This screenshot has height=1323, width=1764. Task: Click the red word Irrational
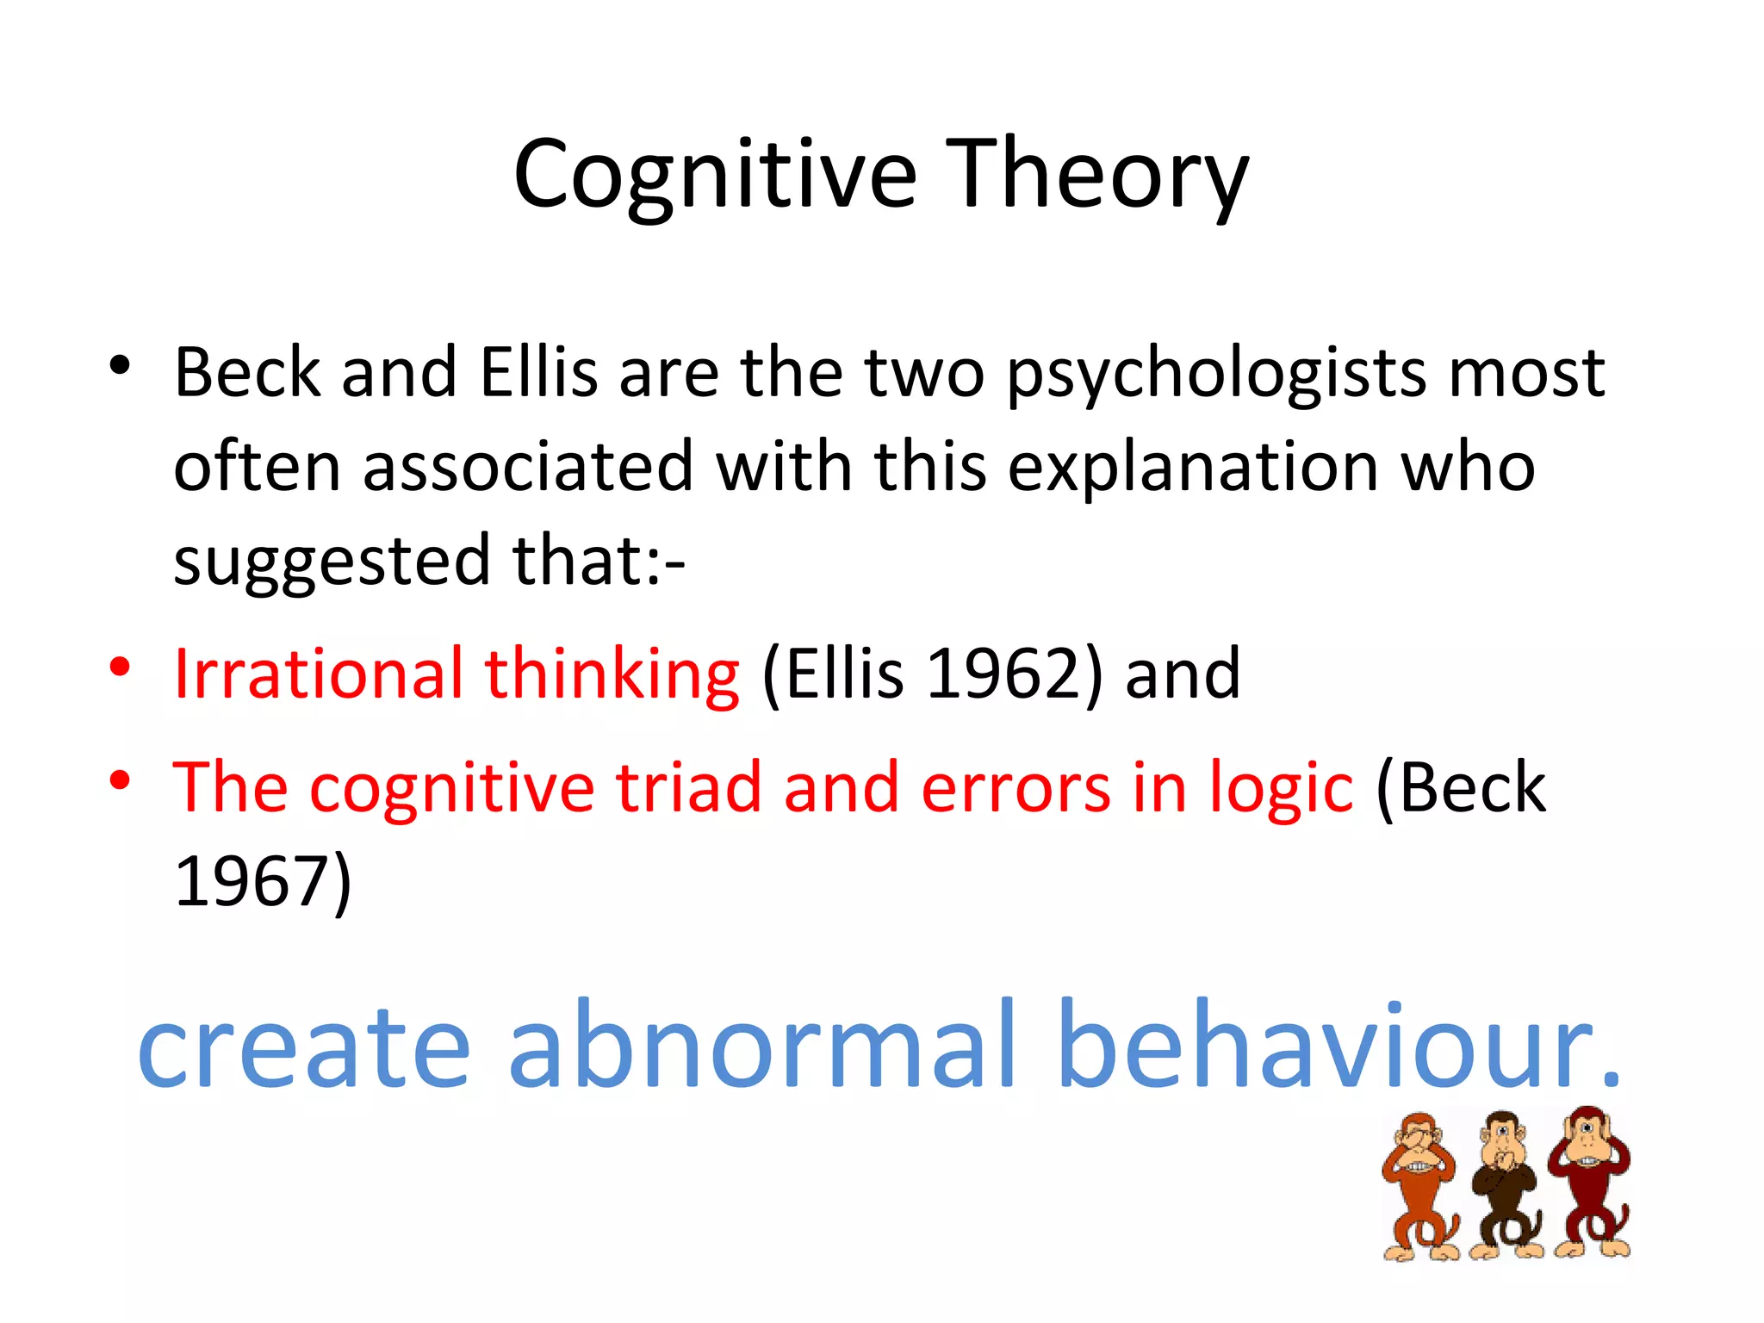[318, 673]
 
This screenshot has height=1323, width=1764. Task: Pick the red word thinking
[612, 674]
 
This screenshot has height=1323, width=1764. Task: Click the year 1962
[1003, 673]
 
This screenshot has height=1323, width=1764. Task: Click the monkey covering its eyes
[1419, 1185]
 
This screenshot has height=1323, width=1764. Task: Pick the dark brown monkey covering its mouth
[1506, 1183]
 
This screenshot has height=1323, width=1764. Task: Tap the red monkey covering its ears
[1590, 1180]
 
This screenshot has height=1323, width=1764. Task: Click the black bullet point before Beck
[120, 366]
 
